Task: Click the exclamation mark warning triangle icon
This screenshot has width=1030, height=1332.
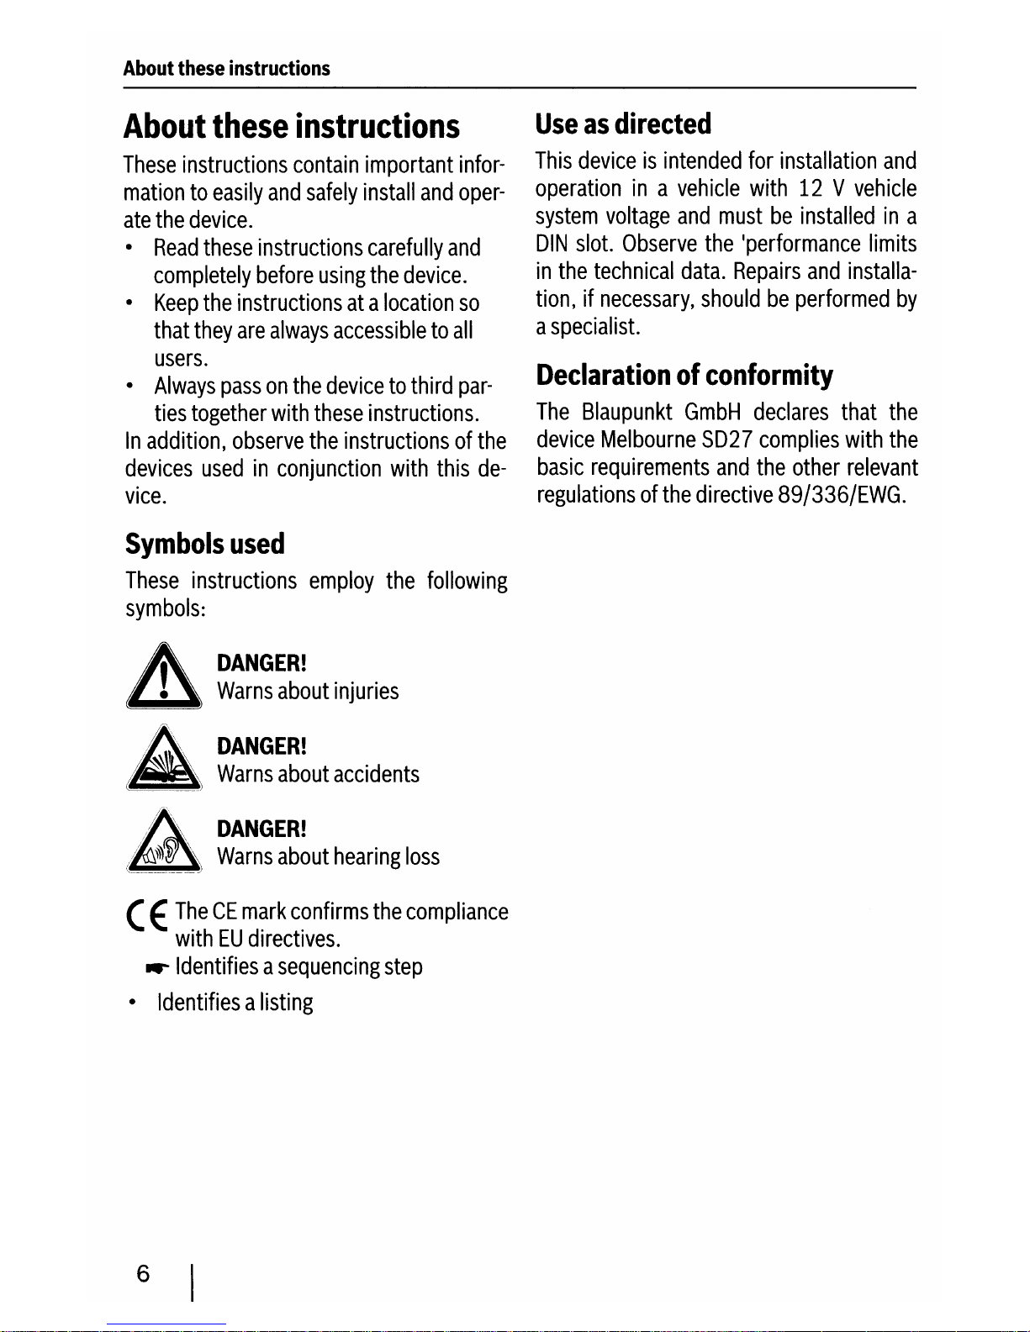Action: click(x=163, y=678)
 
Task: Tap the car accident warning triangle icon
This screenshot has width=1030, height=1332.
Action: click(x=164, y=760)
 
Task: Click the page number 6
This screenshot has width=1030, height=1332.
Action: click(x=143, y=1274)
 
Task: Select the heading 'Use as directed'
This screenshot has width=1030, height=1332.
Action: click(x=623, y=124)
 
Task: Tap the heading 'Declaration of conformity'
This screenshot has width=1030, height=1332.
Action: click(x=684, y=375)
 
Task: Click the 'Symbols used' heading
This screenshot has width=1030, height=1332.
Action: click(x=205, y=544)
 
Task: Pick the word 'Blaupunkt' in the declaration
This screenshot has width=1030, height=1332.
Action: click(x=626, y=413)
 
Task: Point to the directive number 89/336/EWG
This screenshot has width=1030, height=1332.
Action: click(x=841, y=495)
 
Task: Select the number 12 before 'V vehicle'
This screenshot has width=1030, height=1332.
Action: click(x=811, y=189)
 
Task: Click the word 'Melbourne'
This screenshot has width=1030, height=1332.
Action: click(x=648, y=440)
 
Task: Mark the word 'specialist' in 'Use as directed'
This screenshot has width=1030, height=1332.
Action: click(x=594, y=327)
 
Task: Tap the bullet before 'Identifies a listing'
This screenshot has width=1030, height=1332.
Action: click(x=132, y=1003)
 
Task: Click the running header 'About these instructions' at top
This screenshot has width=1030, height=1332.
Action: click(x=226, y=69)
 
